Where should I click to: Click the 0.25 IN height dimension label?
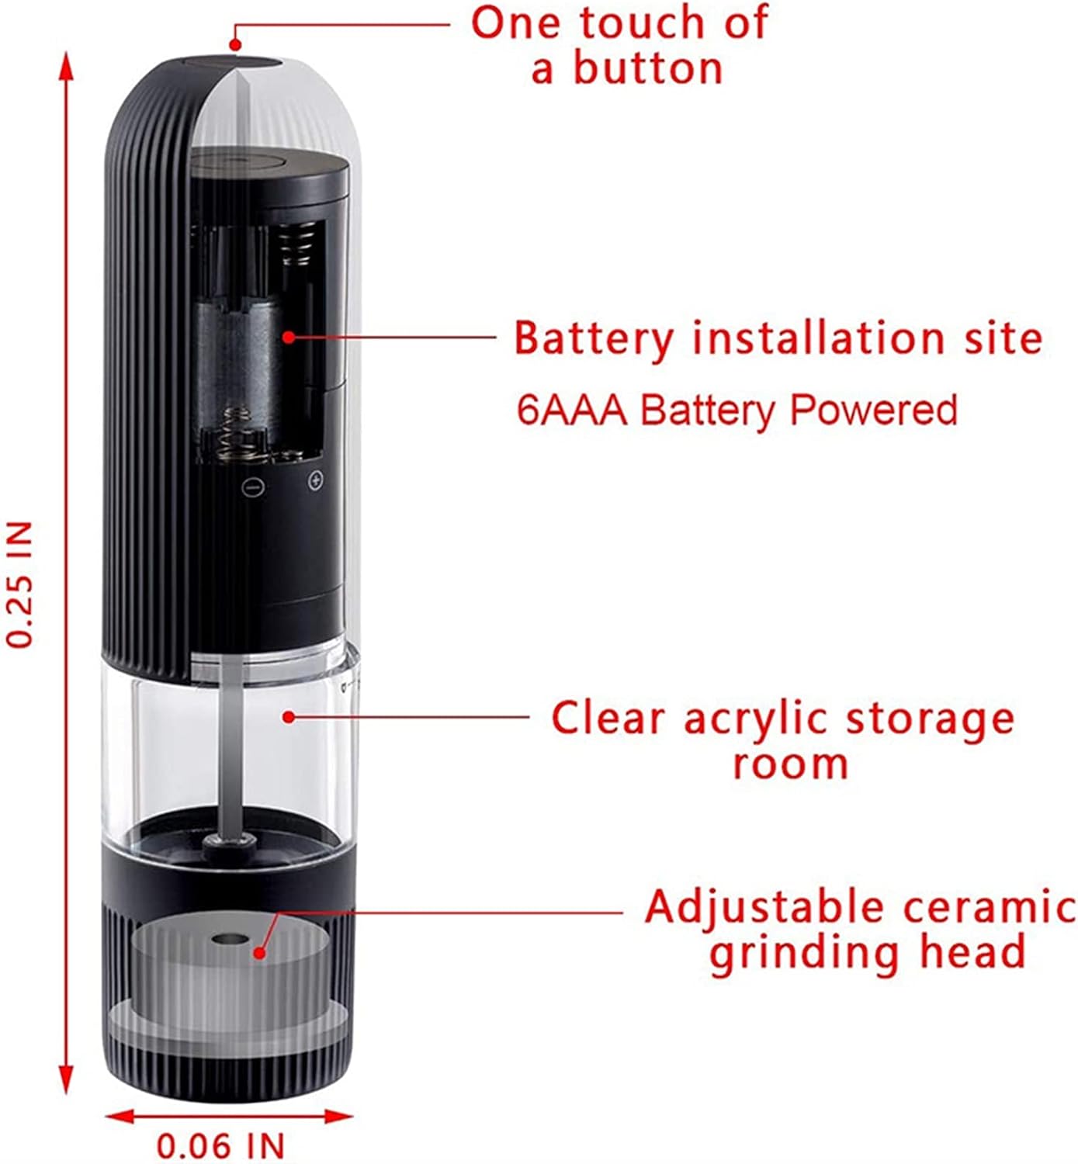point(21,584)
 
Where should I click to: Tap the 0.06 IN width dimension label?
point(221,1145)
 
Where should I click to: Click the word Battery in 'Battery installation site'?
point(594,338)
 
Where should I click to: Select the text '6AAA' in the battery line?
point(571,410)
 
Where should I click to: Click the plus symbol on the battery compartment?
point(315,481)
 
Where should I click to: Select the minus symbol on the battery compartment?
point(253,487)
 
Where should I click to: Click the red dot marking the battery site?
point(289,337)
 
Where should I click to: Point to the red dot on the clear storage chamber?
point(288,716)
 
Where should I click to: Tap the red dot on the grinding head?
point(260,951)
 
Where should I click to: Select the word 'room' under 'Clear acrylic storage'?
point(790,764)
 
